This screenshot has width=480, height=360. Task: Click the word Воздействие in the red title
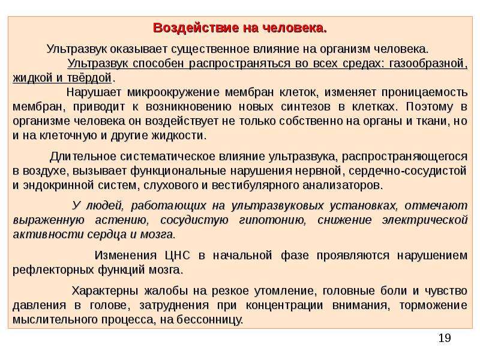tap(196, 28)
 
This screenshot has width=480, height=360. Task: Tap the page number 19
tap(445, 338)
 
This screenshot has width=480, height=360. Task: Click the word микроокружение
tap(173, 92)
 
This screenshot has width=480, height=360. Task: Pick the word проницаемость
tap(424, 92)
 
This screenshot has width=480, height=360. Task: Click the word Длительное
tap(83, 157)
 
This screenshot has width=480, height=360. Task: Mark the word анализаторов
tap(342, 185)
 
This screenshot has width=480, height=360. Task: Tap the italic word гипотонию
tap(272, 220)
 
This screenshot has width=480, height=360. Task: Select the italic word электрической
tap(425, 220)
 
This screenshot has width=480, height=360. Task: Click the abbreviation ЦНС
tap(177, 256)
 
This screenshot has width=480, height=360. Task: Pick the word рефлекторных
tap(53, 270)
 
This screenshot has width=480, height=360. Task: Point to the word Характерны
tap(105, 291)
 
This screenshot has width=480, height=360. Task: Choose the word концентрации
tap(284, 305)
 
